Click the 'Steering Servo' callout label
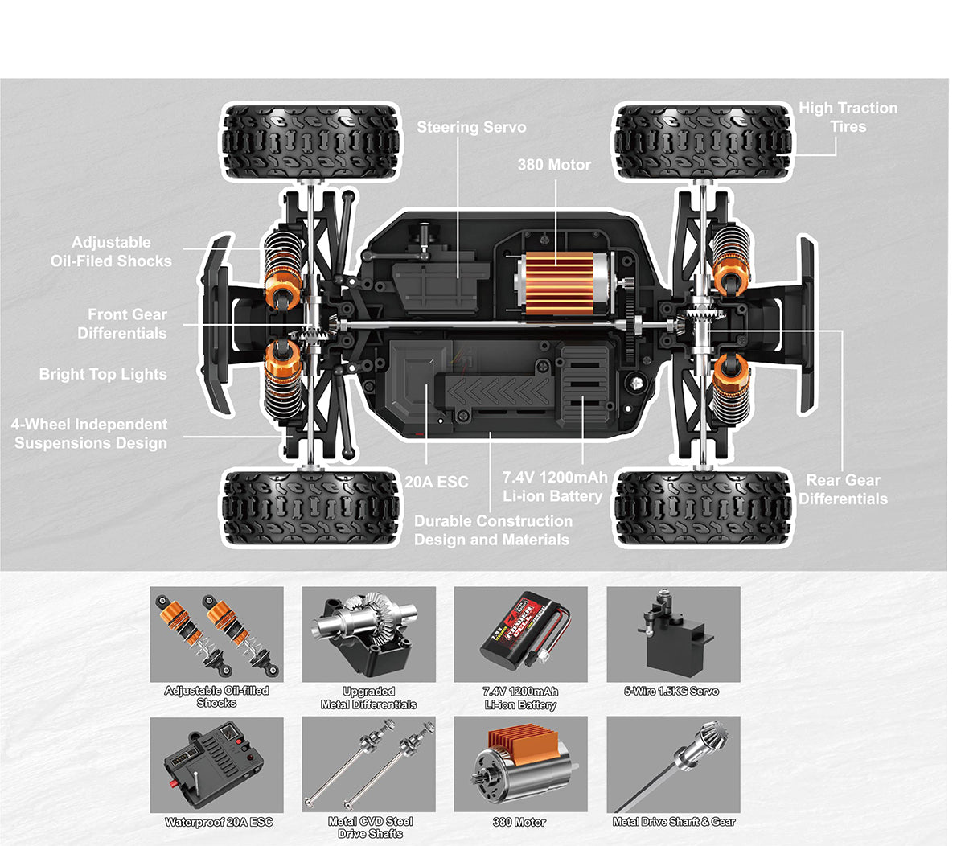471,127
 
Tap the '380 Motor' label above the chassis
553,165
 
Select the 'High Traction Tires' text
848,117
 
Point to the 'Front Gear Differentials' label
122,324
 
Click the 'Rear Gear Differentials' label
843,489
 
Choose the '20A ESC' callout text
436,482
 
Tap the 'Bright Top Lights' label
103,374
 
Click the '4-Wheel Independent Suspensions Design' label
90,433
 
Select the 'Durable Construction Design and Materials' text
492,531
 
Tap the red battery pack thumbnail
520,634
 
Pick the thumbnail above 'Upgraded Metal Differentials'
368,634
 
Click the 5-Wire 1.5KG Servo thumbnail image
672,634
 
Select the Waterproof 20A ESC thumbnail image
216,765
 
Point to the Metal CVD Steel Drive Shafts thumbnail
368,765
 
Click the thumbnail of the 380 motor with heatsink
520,765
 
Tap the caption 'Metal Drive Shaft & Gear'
673,822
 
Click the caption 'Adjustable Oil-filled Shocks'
216,696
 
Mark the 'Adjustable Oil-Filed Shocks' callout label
111,252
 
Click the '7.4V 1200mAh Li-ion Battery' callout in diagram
554,487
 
